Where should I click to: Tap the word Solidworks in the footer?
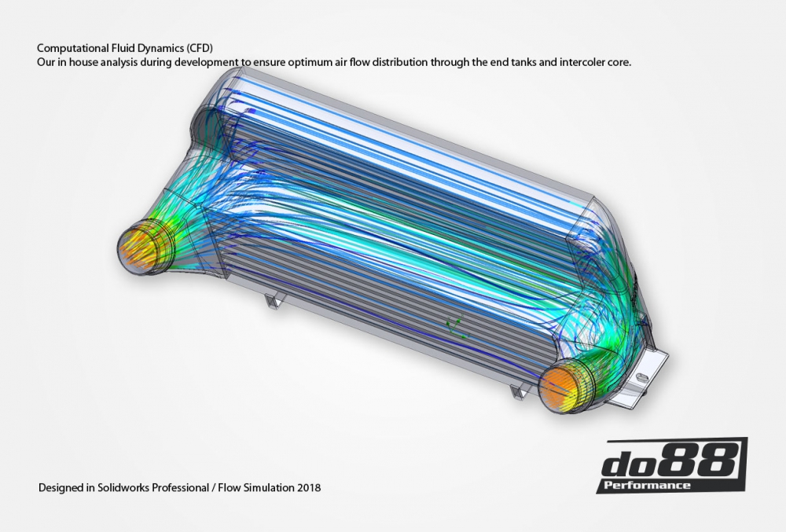click(x=122, y=488)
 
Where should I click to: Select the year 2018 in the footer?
click(x=308, y=488)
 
